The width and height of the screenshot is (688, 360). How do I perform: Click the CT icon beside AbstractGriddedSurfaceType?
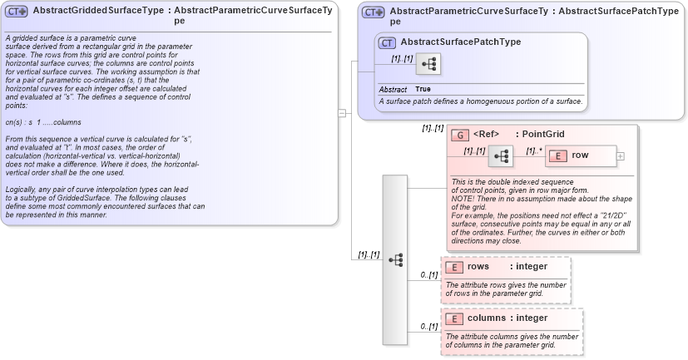(17, 12)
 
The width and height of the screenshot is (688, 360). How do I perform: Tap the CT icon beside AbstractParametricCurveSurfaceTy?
(374, 12)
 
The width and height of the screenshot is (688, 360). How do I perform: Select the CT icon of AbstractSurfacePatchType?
(387, 42)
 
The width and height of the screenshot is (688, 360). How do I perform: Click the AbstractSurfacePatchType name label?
(460, 42)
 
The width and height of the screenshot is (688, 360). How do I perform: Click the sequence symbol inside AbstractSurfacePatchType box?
(428, 64)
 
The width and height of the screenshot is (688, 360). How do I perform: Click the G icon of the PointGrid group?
(460, 135)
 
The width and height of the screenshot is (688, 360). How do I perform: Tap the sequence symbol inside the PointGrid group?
(501, 156)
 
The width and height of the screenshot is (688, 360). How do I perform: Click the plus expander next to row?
(620, 155)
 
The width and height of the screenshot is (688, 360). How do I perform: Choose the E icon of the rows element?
(454, 267)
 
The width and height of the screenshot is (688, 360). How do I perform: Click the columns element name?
(486, 318)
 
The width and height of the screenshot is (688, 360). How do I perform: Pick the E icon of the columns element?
(454, 318)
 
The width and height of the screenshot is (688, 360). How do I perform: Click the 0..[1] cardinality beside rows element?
(428, 274)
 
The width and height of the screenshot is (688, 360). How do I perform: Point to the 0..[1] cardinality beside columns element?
(428, 327)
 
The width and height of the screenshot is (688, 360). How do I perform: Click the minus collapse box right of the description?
(341, 113)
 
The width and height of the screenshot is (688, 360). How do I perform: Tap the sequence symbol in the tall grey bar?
(395, 259)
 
